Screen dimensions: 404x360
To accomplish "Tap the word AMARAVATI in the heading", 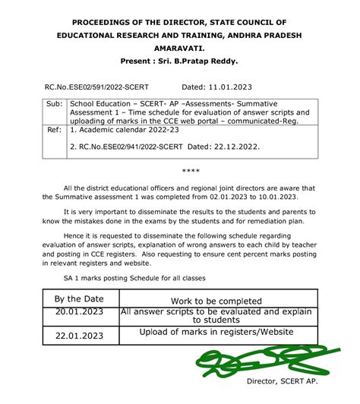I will (181, 46).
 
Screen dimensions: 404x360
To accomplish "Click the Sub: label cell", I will (55, 103).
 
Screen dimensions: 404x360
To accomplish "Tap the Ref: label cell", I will (55, 131).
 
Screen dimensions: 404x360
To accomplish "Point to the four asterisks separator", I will (191, 172).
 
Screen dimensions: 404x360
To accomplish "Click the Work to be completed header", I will (216, 301).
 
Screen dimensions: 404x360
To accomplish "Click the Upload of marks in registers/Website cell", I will (216, 333).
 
